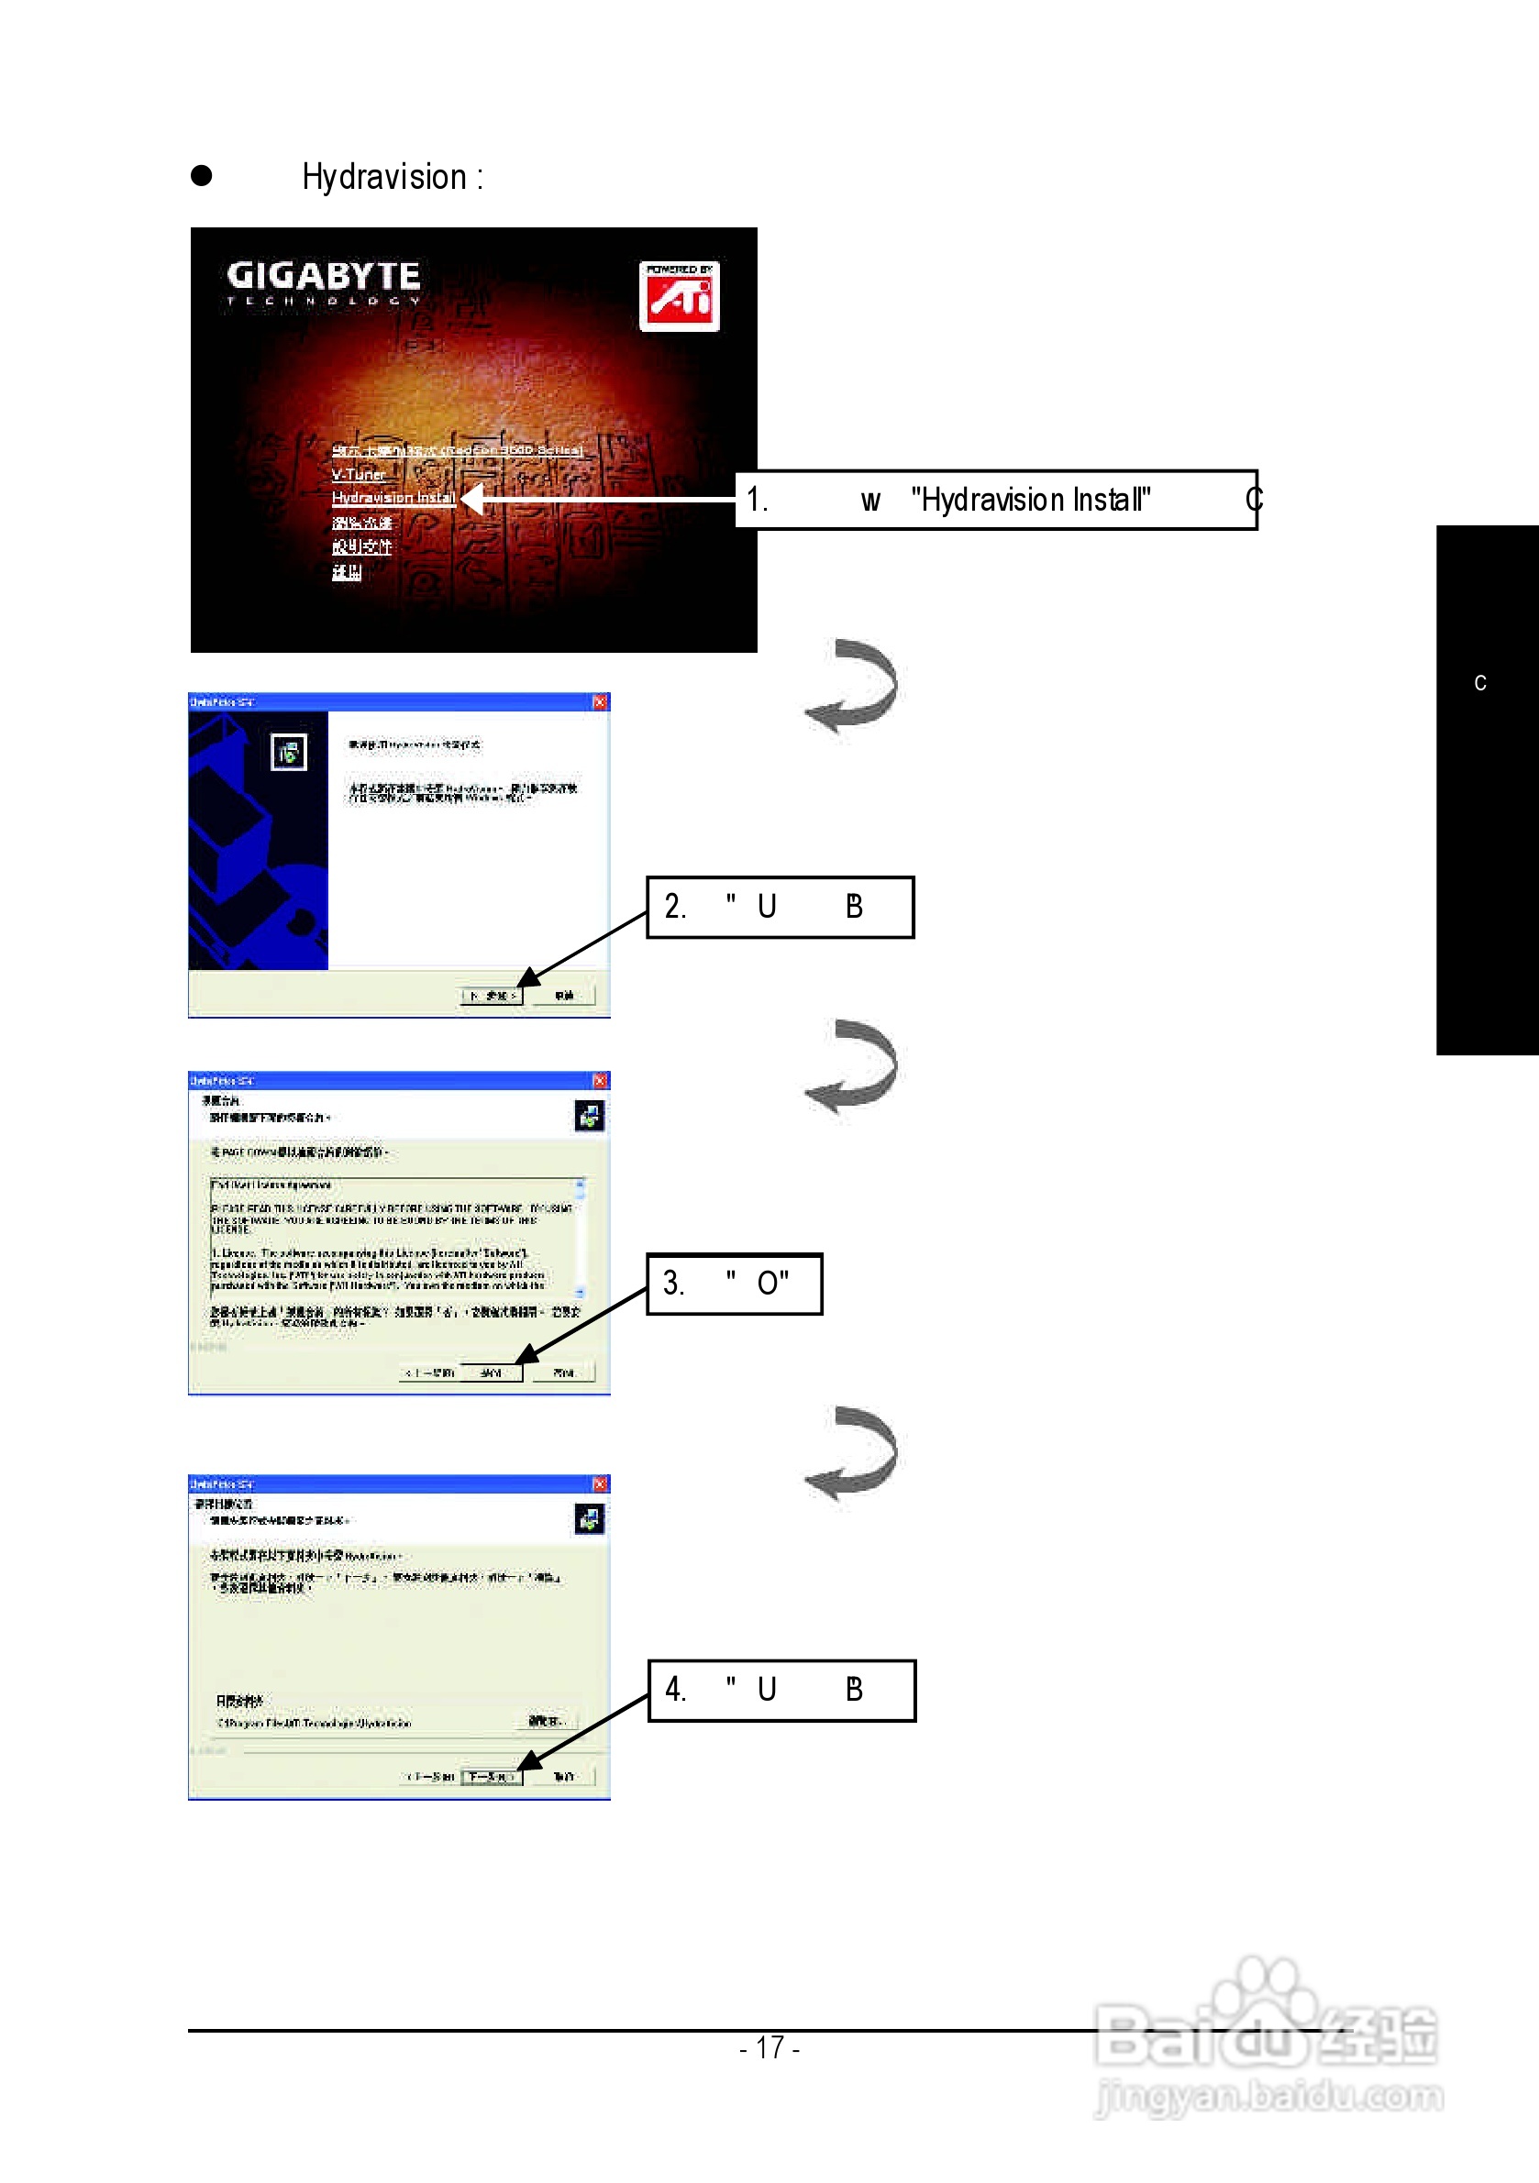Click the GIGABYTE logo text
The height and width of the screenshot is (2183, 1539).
324,277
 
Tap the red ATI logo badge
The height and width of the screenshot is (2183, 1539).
679,297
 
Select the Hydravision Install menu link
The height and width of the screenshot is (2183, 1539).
393,498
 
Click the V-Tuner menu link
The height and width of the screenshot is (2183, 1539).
359,474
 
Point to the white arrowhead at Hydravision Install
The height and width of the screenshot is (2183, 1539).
472,498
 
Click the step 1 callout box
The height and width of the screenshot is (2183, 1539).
996,500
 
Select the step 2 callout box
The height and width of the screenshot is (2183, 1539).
780,907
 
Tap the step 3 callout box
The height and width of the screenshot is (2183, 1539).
735,1284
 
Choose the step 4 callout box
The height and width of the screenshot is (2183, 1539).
781,1691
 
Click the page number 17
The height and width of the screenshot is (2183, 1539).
769,2047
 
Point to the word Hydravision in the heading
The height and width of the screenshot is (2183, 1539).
384,177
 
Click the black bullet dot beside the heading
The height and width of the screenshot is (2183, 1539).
202,176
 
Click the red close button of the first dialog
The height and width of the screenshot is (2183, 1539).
600,701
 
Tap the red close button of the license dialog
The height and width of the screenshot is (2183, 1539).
600,1080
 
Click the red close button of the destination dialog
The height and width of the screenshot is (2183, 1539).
600,1483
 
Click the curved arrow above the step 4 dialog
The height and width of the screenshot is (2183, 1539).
853,1453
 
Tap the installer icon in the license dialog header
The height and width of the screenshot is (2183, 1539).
590,1115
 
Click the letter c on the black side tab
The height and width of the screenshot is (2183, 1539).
1480,683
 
